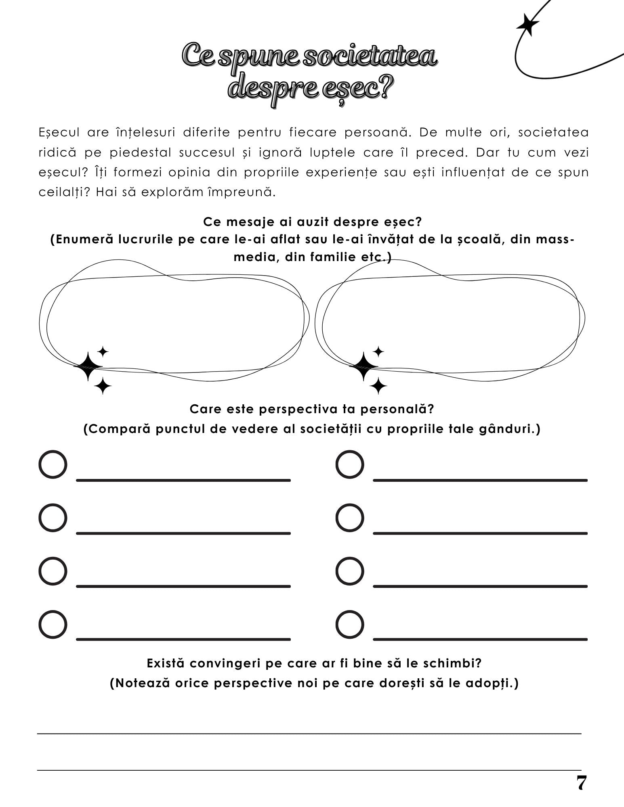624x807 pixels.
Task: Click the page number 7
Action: pos(581,783)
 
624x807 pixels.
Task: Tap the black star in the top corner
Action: pos(527,25)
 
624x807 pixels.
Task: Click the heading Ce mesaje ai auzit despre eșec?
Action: pos(312,222)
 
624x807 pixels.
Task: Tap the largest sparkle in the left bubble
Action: pos(87,366)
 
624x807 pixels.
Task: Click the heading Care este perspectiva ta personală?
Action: pos(312,409)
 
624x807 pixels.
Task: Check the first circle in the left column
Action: pos(53,464)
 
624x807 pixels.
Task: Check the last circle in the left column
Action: pos(53,624)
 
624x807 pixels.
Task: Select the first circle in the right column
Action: pos(350,464)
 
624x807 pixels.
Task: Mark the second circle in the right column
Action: pos(350,518)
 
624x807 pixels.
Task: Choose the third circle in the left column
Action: pos(53,571)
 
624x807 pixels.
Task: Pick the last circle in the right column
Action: pos(350,624)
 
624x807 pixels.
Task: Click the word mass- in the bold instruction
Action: pos(555,239)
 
